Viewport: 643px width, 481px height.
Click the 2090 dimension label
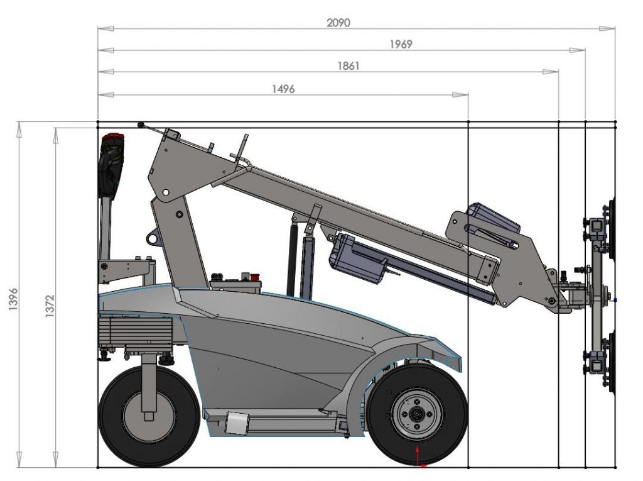coord(338,23)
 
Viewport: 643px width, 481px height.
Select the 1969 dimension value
coord(401,44)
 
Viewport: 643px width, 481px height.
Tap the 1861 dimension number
coord(348,66)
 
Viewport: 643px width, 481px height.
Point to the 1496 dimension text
coord(283,89)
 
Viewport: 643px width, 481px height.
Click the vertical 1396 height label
coord(13,299)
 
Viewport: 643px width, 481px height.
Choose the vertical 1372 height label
coord(49,306)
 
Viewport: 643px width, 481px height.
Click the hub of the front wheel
coord(417,414)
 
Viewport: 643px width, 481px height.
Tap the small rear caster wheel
coord(149,416)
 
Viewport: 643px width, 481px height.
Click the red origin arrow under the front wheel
coord(418,456)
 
